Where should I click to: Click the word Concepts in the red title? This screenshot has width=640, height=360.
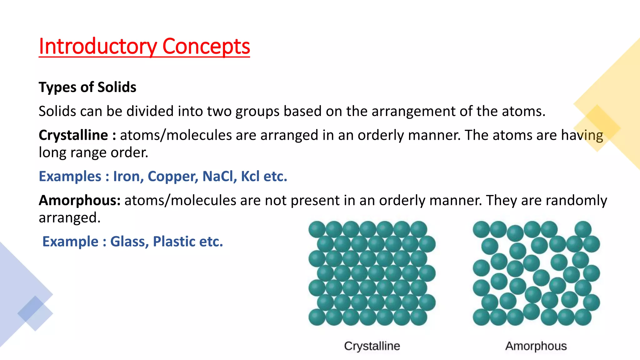point(206,46)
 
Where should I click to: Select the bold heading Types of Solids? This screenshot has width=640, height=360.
point(87,87)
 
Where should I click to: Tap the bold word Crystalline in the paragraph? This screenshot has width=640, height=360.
point(73,135)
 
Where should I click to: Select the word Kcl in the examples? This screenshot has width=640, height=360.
point(250,176)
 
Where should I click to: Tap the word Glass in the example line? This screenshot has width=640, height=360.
point(129,242)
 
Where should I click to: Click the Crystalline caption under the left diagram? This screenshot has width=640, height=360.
point(372,346)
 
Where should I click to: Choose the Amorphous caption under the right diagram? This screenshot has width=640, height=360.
point(536,346)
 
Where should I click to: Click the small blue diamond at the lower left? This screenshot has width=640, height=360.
point(35,313)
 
